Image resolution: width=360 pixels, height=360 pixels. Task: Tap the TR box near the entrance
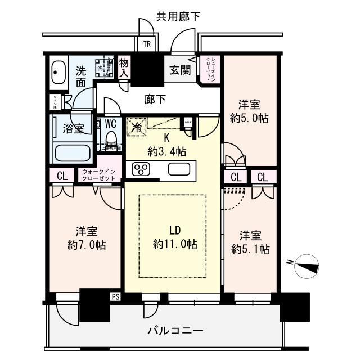tap(146, 44)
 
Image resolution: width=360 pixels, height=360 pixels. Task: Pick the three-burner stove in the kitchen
tap(141, 169)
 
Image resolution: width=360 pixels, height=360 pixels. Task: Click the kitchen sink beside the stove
tap(180, 169)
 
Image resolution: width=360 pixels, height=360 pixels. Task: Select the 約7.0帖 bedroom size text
tap(83, 245)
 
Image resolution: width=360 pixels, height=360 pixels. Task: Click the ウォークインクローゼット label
tap(99, 174)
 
